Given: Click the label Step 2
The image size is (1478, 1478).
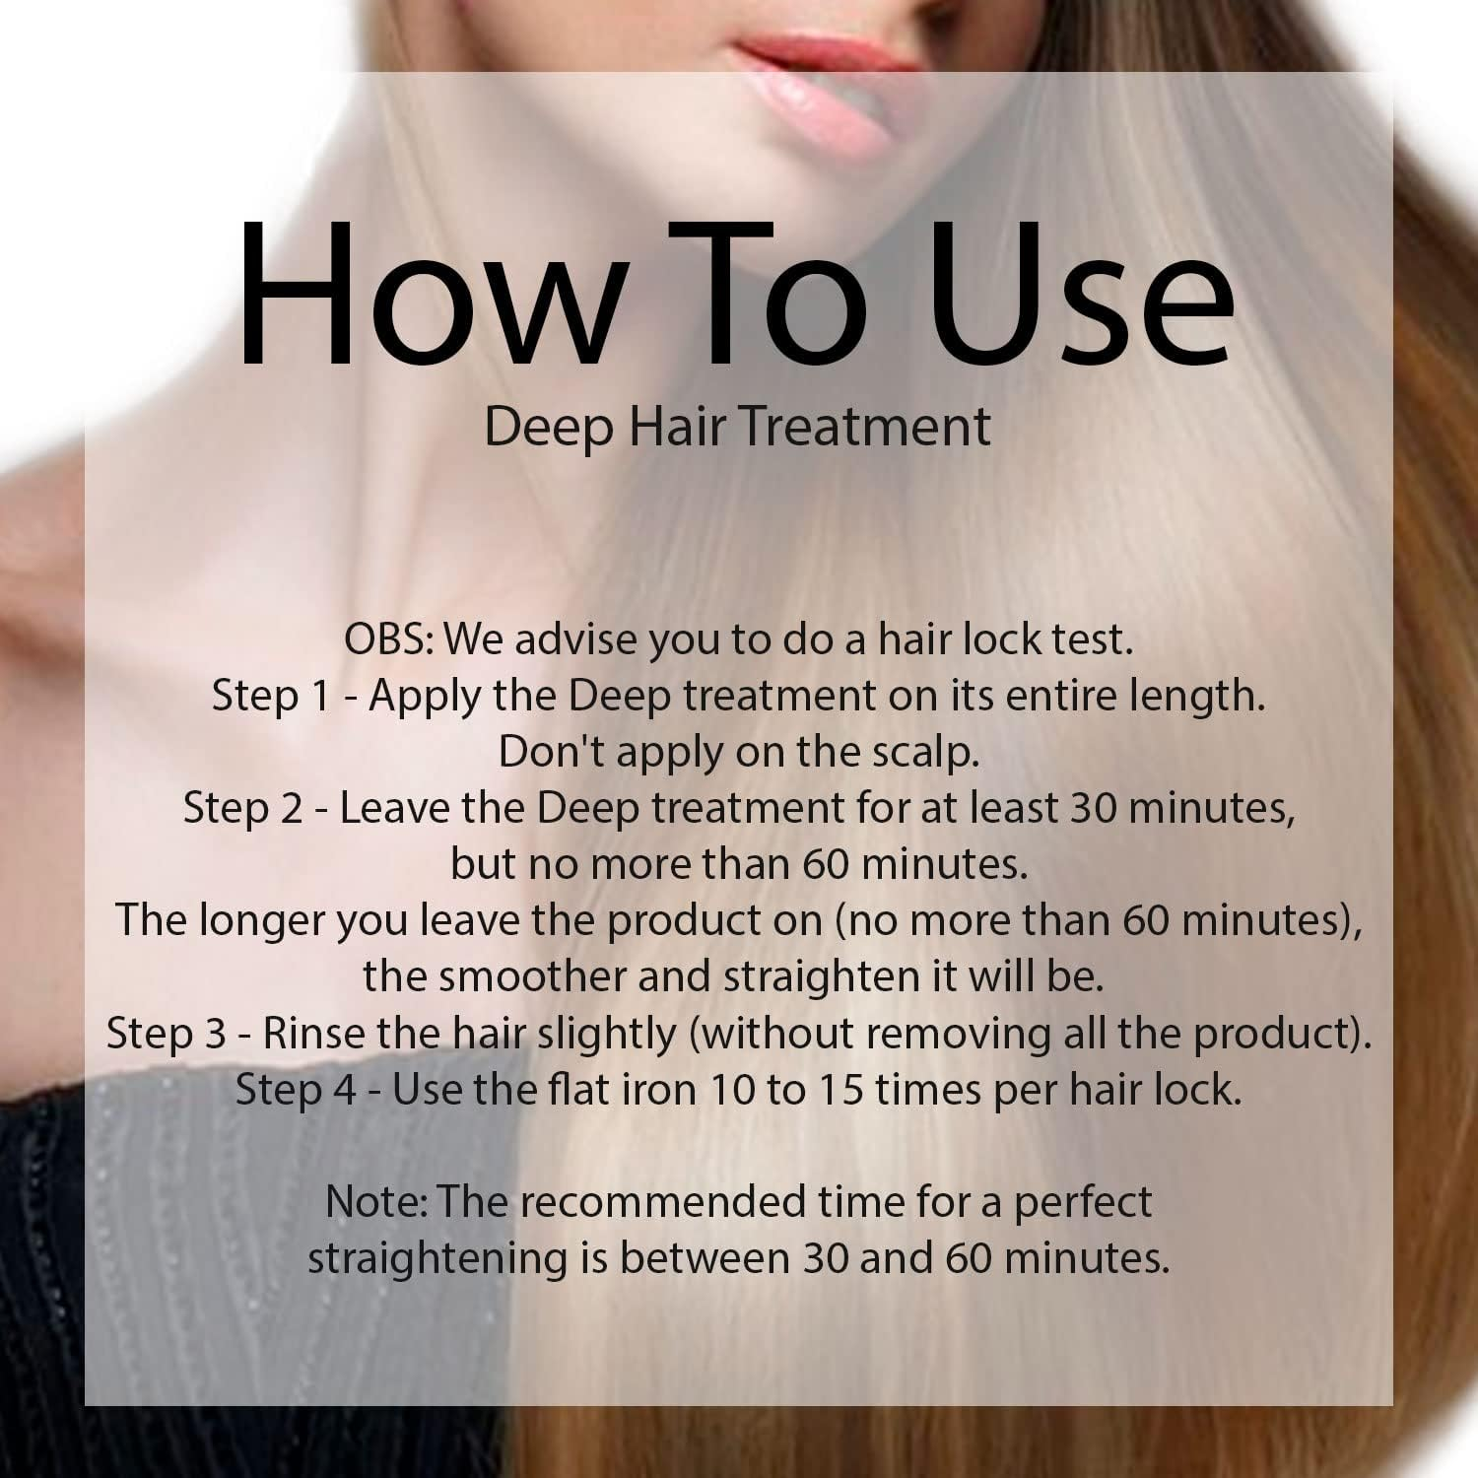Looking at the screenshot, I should pyautogui.click(x=241, y=809).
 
